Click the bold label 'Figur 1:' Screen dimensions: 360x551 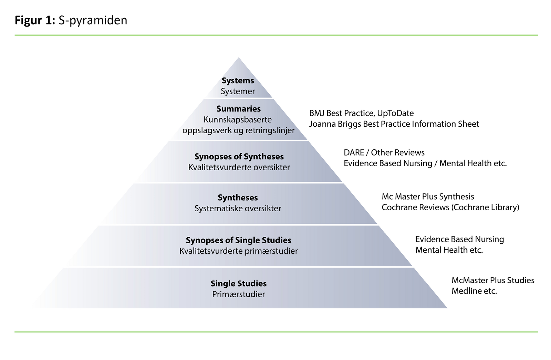pyautogui.click(x=35, y=20)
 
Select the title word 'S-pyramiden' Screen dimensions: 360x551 pyautogui.click(x=93, y=20)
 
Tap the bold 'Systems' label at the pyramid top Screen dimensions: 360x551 pyautogui.click(x=238, y=81)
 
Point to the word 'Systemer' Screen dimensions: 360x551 pyautogui.click(x=238, y=91)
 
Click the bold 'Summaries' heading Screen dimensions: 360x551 pyautogui.click(x=238, y=109)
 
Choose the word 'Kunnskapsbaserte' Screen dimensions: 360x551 pyautogui.click(x=238, y=119)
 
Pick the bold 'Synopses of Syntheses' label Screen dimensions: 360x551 pyautogui.click(x=239, y=157)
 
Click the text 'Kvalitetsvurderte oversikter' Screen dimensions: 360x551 pyautogui.click(x=239, y=167)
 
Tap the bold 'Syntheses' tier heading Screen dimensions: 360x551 pyautogui.click(x=238, y=198)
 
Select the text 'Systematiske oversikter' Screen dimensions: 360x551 pyautogui.click(x=238, y=208)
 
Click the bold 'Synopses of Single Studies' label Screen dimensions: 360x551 pyautogui.click(x=238, y=240)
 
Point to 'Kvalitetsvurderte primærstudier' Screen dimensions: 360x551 pyautogui.click(x=238, y=251)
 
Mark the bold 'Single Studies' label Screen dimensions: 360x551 pyautogui.click(x=238, y=284)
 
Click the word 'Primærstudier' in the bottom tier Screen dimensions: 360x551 pyautogui.click(x=238, y=294)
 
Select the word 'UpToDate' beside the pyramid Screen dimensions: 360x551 pyautogui.click(x=395, y=113)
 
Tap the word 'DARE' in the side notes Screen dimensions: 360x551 pyautogui.click(x=354, y=152)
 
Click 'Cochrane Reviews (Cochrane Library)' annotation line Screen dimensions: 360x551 pyautogui.click(x=450, y=207)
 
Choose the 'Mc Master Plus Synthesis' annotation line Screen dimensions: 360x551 pyautogui.click(x=428, y=197)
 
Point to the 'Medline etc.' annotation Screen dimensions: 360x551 pyautogui.click(x=474, y=291)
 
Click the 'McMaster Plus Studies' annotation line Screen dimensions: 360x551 pyautogui.click(x=493, y=280)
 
